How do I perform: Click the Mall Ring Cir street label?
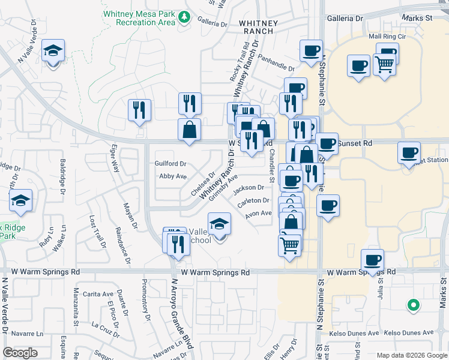[384, 36]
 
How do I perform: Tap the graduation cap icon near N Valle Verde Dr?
[53, 52]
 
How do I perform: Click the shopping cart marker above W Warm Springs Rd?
[290, 245]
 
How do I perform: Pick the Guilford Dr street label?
[170, 163]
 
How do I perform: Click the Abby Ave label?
[173, 176]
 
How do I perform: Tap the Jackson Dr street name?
[249, 188]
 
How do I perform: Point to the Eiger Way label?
[113, 158]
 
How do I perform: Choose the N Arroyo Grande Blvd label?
[179, 314]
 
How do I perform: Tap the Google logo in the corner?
[21, 353]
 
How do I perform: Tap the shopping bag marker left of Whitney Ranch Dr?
[189, 130]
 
